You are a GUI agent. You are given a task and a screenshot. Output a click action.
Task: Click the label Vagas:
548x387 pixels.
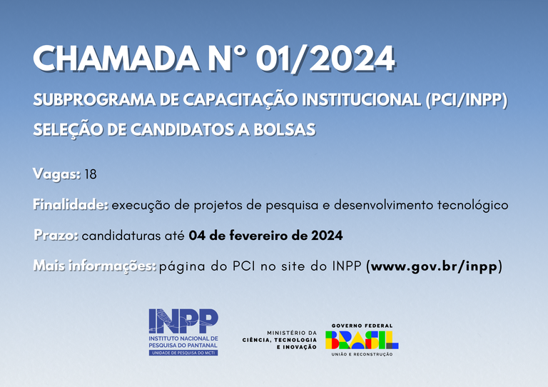point(56,174)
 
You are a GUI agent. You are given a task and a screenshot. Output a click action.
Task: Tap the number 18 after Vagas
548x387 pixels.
point(90,174)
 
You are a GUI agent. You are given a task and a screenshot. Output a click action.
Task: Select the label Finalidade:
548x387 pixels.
point(71,205)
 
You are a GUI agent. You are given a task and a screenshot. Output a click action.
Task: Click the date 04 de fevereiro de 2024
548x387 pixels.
point(266,235)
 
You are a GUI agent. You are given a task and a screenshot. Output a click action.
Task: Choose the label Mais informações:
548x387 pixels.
point(94,266)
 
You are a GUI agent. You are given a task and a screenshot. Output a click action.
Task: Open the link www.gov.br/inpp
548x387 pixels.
point(434,266)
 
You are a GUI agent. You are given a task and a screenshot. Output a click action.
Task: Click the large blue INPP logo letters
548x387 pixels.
point(183,320)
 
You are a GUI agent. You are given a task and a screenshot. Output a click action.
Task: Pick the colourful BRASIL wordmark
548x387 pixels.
point(362,339)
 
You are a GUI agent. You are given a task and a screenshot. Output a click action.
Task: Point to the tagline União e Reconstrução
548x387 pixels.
point(362,355)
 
